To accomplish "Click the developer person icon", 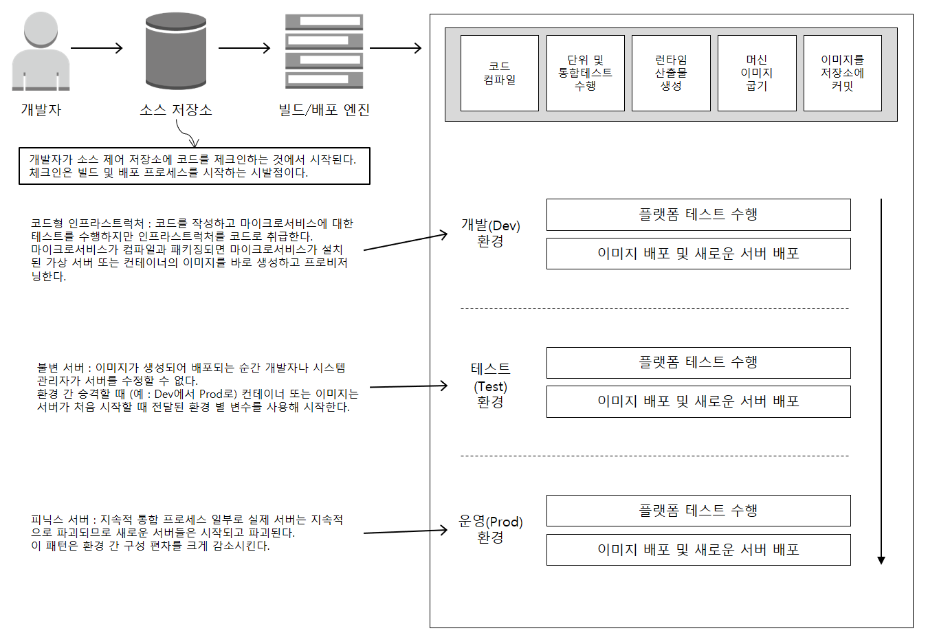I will tap(41, 52).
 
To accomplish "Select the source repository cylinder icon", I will tap(176, 51).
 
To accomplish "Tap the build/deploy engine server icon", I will tap(324, 52).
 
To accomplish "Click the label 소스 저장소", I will tap(176, 110).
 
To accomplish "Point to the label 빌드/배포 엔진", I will tap(324, 110).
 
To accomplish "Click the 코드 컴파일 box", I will tap(499, 73).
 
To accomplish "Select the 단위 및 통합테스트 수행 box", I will tap(585, 73).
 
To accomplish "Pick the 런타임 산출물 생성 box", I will tap(671, 73).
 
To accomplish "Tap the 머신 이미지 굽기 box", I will tap(756, 73).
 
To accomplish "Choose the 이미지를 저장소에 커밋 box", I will tap(842, 73).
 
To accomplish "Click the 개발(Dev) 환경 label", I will tap(490, 233).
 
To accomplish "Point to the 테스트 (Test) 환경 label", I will tap(490, 386).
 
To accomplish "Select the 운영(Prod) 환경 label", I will tap(490, 529).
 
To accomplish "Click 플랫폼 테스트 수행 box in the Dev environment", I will tap(698, 214).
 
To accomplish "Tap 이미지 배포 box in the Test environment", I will tap(698, 401).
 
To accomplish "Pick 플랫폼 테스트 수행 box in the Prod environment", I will tap(698, 511).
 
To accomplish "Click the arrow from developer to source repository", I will tap(96, 48).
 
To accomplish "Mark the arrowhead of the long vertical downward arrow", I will tap(881, 560).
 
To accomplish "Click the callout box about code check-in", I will tap(194, 166).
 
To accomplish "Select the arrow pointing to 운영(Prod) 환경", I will tap(405, 531).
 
